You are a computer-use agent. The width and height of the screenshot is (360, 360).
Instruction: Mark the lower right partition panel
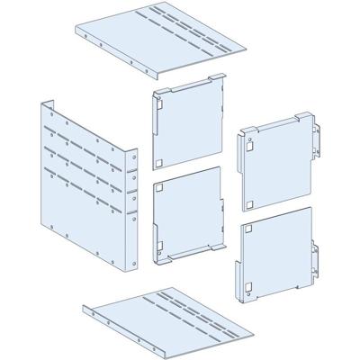coord(274,247)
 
